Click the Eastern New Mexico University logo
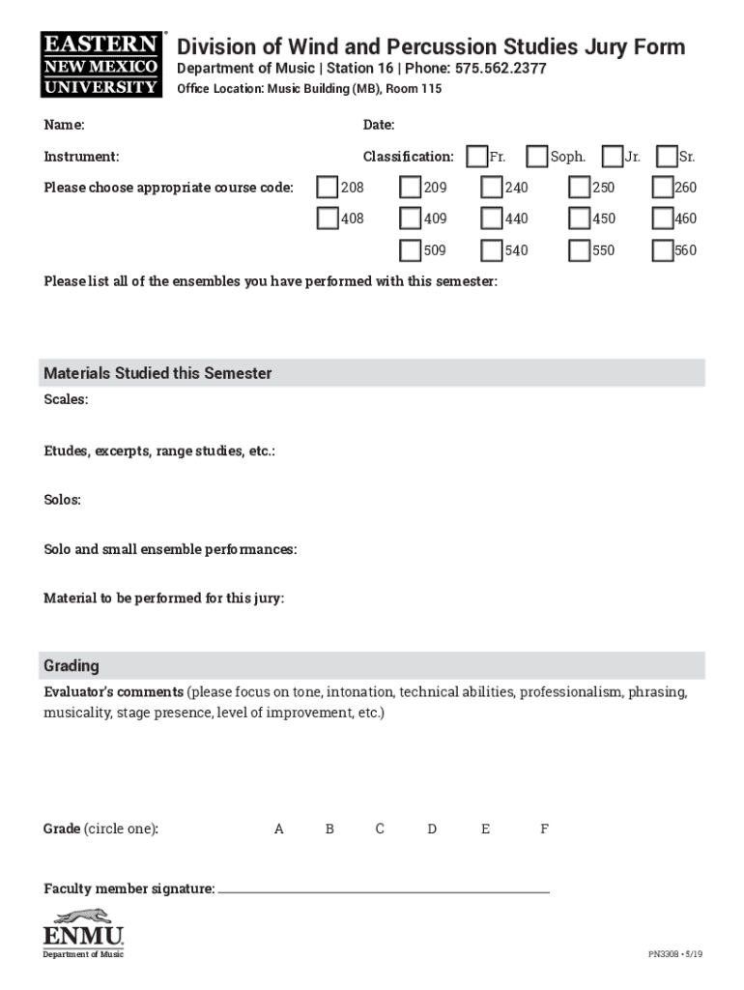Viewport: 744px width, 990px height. (100, 65)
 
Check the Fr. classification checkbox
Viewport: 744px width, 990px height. (476, 157)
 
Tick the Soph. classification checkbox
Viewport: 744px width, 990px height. (537, 157)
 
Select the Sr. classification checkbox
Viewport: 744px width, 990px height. (666, 157)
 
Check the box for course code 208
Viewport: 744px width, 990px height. (329, 188)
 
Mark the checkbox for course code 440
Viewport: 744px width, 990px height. (492, 218)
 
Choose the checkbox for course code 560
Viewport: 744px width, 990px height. (662, 250)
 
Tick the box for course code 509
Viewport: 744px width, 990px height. (411, 250)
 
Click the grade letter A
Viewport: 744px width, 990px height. (279, 829)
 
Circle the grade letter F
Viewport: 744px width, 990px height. (544, 829)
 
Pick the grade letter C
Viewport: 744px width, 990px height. (380, 829)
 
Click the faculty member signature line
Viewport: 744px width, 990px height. (384, 889)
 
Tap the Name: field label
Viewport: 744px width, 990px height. (64, 125)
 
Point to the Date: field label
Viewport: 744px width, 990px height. (379, 125)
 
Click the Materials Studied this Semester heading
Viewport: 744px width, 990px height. (157, 373)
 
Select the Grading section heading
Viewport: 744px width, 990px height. (72, 666)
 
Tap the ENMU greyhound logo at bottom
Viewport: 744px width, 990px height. (83, 930)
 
